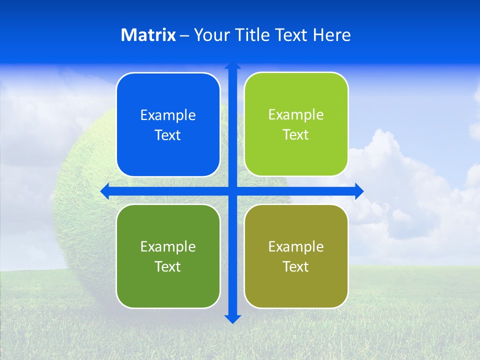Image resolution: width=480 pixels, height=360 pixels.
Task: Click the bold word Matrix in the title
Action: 148,35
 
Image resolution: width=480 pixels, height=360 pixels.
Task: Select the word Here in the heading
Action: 332,35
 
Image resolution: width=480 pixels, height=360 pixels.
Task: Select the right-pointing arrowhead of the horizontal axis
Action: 358,191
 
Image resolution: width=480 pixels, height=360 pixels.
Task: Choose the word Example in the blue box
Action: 168,115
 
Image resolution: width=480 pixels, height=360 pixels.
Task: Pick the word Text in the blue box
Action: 168,135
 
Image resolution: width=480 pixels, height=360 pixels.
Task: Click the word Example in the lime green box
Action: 296,115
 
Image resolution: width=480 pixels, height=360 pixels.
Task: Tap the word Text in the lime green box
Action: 296,135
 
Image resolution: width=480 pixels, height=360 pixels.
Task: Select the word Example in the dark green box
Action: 168,247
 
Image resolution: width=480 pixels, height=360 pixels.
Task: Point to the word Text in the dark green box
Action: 168,267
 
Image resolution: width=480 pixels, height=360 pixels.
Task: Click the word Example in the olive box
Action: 296,247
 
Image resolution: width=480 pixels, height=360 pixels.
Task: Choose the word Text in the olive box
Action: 296,267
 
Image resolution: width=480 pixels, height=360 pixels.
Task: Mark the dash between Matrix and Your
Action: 184,35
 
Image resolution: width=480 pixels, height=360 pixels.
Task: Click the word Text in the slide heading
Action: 292,35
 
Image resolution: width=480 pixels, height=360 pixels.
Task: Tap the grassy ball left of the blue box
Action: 85,210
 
